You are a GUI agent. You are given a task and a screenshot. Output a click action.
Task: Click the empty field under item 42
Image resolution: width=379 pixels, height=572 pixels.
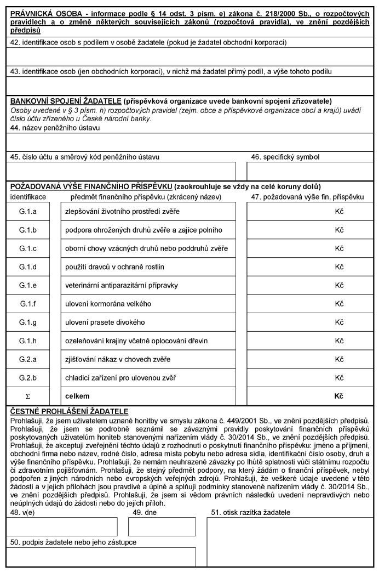(190, 56)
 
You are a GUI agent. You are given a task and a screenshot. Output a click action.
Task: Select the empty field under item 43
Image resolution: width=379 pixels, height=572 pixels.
(190, 86)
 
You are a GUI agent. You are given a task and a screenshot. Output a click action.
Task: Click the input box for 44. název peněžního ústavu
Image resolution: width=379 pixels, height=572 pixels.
(190, 142)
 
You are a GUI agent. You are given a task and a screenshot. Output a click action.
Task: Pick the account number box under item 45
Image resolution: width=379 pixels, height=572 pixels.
(120, 171)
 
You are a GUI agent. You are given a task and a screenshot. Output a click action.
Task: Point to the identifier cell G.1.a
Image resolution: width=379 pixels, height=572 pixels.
(27, 212)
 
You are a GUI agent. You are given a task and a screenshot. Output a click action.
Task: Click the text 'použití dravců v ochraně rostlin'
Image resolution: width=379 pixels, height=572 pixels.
(114, 267)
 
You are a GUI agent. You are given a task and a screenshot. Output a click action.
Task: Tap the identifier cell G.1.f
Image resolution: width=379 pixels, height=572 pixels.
(27, 304)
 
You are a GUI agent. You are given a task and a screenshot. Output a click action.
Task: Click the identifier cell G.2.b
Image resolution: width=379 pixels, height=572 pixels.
(27, 378)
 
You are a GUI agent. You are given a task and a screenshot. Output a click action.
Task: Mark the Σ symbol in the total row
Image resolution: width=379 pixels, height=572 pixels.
(27, 396)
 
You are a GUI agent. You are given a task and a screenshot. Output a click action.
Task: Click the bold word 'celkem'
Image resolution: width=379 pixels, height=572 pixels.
(77, 396)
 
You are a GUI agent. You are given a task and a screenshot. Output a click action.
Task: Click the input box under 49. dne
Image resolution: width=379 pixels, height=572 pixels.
(154, 526)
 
